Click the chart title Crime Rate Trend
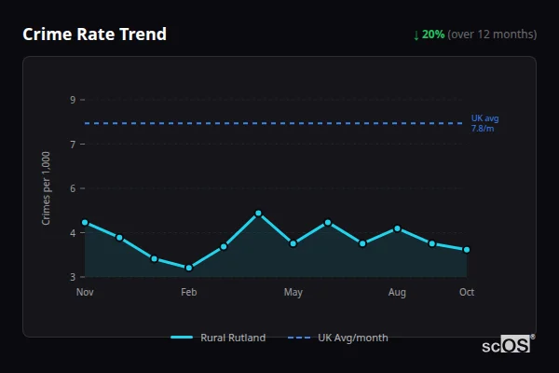(x=94, y=35)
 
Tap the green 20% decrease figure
(x=432, y=35)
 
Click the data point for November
(x=85, y=222)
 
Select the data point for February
(x=189, y=268)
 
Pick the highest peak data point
(x=258, y=214)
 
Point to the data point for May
(x=293, y=243)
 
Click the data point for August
(x=397, y=228)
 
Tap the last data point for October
(x=467, y=250)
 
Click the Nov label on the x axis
(x=85, y=293)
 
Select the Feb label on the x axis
(x=189, y=293)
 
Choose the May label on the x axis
(x=293, y=293)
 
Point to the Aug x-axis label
(x=397, y=293)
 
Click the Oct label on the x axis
(x=467, y=293)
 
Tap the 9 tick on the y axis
(x=73, y=100)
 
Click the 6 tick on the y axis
(x=73, y=188)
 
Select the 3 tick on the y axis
(x=73, y=277)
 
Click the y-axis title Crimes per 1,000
(x=47, y=187)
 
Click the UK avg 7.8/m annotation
(x=485, y=123)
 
